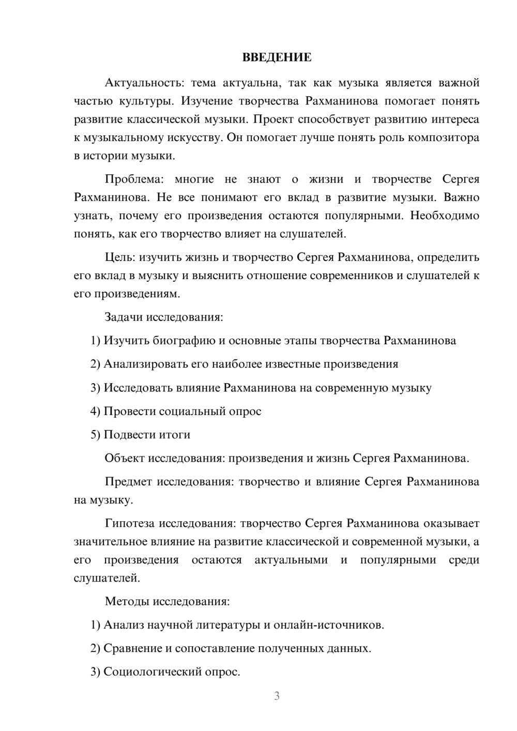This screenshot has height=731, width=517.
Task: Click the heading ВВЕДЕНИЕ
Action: click(x=277, y=57)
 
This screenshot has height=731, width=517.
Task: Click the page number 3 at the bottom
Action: click(x=277, y=696)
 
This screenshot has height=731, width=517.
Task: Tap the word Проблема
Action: click(x=133, y=179)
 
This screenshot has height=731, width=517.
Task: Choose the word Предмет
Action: click(x=128, y=482)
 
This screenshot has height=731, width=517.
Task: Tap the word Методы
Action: click(x=125, y=601)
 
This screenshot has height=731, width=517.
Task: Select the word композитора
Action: click(x=447, y=138)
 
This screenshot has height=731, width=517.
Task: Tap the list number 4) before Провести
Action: click(x=95, y=412)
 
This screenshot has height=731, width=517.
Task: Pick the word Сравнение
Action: click(x=133, y=648)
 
